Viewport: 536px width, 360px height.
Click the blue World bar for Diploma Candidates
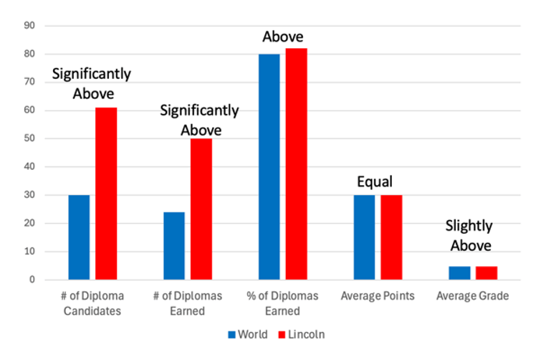coord(79,237)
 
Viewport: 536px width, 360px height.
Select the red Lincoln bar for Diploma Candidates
coord(106,194)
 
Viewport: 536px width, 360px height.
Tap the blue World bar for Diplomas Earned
coord(173,245)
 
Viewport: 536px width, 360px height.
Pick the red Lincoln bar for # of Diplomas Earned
coord(201,209)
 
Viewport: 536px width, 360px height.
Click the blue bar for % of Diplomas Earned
coord(269,166)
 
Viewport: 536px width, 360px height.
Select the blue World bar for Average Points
coord(363,237)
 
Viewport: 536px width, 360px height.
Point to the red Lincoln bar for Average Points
coord(391,237)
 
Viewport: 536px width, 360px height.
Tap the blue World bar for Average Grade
coord(459,273)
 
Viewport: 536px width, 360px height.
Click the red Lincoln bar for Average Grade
coord(487,273)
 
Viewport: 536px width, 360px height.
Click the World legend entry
coord(247,334)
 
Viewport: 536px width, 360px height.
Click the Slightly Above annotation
coord(470,235)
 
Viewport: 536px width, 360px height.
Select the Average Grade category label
coord(473,296)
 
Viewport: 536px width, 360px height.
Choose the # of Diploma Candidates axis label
coord(92,303)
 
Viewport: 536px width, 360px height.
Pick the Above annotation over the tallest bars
coord(283,37)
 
